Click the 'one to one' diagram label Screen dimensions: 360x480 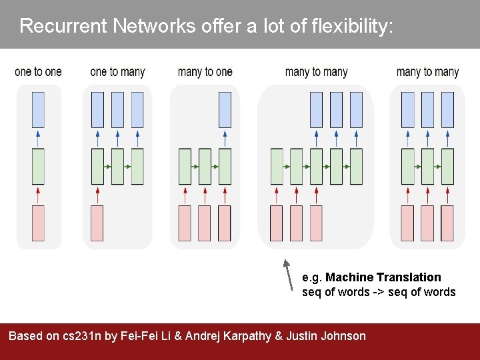pyautogui.click(x=38, y=72)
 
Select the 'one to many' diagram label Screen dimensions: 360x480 pyautogui.click(x=117, y=72)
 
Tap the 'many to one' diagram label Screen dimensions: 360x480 pyautogui.click(x=205, y=72)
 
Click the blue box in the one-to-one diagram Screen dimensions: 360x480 pyautogui.click(x=38, y=110)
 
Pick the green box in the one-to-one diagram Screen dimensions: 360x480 pyautogui.click(x=38, y=166)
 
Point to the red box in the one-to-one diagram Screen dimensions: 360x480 pyautogui.click(x=38, y=223)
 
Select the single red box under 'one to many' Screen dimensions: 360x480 pyautogui.click(x=97, y=223)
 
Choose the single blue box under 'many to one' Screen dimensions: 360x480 pyautogui.click(x=225, y=110)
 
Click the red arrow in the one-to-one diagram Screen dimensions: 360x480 pyautogui.click(x=38, y=195)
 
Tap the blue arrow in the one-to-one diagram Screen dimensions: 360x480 pyautogui.click(x=38, y=138)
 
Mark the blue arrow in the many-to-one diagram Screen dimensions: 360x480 pyautogui.click(x=225, y=138)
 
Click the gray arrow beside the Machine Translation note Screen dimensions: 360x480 pyautogui.click(x=288, y=275)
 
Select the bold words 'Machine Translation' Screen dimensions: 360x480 pyautogui.click(x=383, y=277)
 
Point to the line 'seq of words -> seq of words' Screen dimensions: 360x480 pyautogui.click(x=379, y=292)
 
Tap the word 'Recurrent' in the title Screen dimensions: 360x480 pyautogui.click(x=63, y=26)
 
